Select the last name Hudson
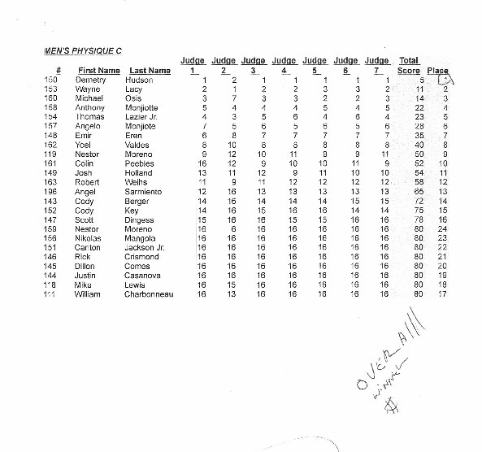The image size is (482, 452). (141, 80)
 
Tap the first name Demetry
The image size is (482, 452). (91, 80)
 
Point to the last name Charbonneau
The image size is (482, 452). (150, 293)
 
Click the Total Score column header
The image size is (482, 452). (409, 66)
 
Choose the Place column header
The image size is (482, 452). (437, 71)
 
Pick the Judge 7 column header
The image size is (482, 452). (377, 66)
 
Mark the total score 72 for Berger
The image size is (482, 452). (419, 201)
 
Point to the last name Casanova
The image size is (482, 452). (143, 275)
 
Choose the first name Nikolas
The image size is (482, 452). (89, 238)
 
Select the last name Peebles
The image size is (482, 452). (141, 163)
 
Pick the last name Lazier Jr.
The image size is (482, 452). (143, 117)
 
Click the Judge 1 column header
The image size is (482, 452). (193, 66)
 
